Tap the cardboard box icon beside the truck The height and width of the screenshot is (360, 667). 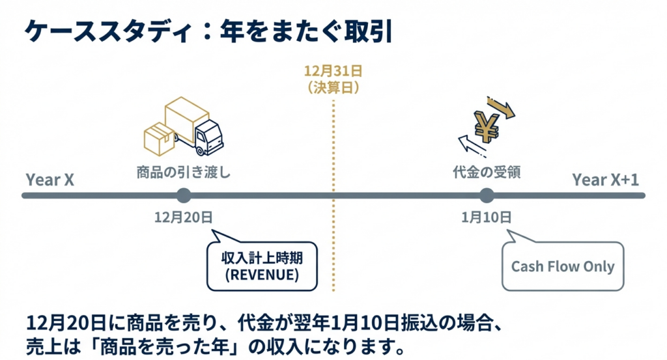coord(159,137)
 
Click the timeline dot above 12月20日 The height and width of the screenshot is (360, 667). coord(184,195)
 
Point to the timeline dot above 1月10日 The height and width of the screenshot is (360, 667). coord(486,195)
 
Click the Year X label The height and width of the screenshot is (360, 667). coord(50,180)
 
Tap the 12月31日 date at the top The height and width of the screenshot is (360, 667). coord(333,70)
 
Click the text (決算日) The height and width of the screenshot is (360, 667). coord(333,87)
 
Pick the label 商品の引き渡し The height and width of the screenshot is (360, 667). coord(184,173)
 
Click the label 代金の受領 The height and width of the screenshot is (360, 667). coord(487,173)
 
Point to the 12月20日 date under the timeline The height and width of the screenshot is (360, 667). coord(184,217)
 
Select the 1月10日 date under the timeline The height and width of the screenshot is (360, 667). coord(486,217)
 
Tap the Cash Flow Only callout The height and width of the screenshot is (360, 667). coord(563,266)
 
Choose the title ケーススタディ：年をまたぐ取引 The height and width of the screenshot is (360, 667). coord(207,31)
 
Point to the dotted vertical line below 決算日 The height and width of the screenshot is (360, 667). coord(333,195)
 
